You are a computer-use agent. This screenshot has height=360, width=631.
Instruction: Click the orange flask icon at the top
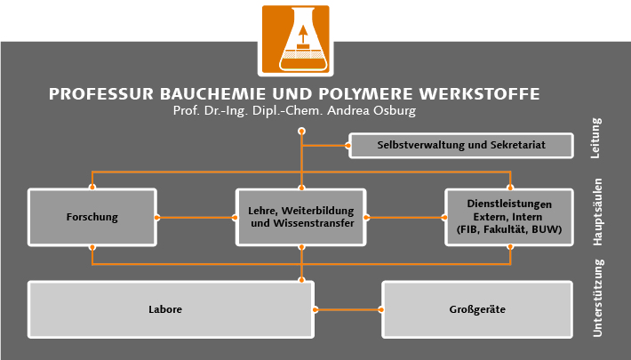[295, 41]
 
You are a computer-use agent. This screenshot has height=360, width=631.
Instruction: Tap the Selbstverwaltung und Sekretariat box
[459, 145]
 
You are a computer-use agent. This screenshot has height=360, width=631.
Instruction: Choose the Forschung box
[92, 217]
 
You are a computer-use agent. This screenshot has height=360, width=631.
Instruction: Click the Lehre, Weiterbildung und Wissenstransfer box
[302, 217]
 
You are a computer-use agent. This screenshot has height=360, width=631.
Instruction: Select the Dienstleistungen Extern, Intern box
[509, 217]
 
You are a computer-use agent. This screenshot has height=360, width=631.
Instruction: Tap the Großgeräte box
[477, 309]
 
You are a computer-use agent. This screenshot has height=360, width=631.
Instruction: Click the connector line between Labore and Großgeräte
[348, 310]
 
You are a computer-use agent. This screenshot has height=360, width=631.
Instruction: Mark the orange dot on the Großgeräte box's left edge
[382, 310]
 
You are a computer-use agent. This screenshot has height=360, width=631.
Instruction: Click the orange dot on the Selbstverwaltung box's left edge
[348, 145]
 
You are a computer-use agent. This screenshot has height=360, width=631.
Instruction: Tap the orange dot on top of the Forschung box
[92, 188]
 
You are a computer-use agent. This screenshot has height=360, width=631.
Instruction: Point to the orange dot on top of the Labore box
[302, 281]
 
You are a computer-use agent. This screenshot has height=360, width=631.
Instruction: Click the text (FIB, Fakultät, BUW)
[509, 230]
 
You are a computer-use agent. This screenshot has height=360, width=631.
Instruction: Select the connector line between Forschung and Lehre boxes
[196, 217]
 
